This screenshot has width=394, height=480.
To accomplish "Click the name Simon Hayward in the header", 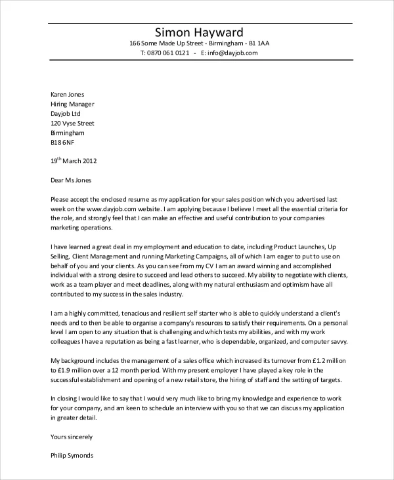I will click(x=198, y=32).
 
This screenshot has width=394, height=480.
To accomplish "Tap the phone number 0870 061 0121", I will click(x=169, y=53).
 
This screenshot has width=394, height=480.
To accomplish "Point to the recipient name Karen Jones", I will click(x=68, y=94).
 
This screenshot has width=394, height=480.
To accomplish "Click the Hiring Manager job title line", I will click(x=72, y=104).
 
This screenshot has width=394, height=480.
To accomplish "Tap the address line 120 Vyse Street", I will click(x=72, y=123).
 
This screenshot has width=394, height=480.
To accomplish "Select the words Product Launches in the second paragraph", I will click(x=296, y=247).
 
